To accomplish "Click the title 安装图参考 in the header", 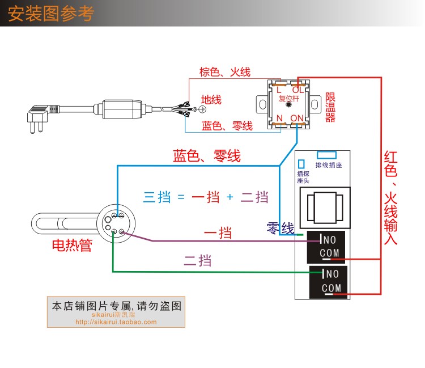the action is click(50, 14).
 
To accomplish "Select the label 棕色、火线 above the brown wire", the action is click(225, 72).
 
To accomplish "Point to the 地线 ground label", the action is click(211, 100).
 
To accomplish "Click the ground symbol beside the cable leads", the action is click(202, 109).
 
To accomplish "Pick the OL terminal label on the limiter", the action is click(298, 90).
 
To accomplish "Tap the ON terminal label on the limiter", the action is click(297, 119).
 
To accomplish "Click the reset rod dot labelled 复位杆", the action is click(288, 104).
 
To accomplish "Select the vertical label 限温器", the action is click(330, 107).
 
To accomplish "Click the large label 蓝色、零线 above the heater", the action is click(207, 156).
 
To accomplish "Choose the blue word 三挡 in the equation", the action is click(157, 197).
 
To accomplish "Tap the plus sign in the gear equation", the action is click(230, 197).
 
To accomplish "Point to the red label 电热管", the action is click(72, 245).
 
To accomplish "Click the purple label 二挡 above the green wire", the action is click(198, 261).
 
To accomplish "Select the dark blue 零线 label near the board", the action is click(280, 228).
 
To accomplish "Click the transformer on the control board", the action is click(325, 208).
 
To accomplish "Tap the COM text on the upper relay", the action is click(329, 253).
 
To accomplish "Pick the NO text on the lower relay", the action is click(332, 274).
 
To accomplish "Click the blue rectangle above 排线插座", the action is click(326, 155).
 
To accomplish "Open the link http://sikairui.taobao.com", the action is click(116, 322).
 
